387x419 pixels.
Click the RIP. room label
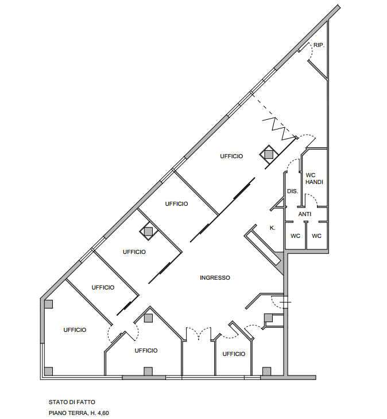tap(319, 45)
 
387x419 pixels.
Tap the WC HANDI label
tap(315, 178)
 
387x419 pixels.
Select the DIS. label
tap(292, 191)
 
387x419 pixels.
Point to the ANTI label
tap(305, 214)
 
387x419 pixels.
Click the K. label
tap(273, 228)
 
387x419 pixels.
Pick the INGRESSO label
tap(215, 277)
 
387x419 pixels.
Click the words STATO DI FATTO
tap(72, 402)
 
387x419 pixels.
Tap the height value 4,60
tap(103, 413)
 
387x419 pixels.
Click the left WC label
tap(295, 236)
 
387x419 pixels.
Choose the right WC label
tap(316, 236)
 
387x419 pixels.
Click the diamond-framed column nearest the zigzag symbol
tap(269, 154)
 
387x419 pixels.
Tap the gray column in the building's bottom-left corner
tap(48, 371)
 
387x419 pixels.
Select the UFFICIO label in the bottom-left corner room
tap(75, 330)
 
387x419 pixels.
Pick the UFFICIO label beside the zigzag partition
tap(231, 156)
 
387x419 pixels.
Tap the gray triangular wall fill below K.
tap(280, 263)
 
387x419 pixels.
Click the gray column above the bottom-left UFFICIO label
tap(48, 304)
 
